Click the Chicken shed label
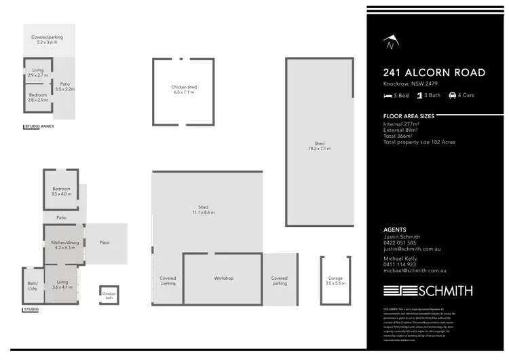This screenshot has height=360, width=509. [x=183, y=90]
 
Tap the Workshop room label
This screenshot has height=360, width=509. [x=223, y=278]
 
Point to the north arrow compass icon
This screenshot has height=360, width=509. [x=390, y=43]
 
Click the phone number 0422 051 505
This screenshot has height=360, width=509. [x=400, y=242]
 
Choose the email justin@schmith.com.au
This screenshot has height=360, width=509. [x=414, y=249]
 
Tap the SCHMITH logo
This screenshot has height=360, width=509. [x=428, y=291]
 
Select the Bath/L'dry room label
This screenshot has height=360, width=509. [x=33, y=287]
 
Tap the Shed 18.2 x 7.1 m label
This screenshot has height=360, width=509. [x=319, y=145]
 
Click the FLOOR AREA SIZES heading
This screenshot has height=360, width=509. [x=409, y=117]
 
